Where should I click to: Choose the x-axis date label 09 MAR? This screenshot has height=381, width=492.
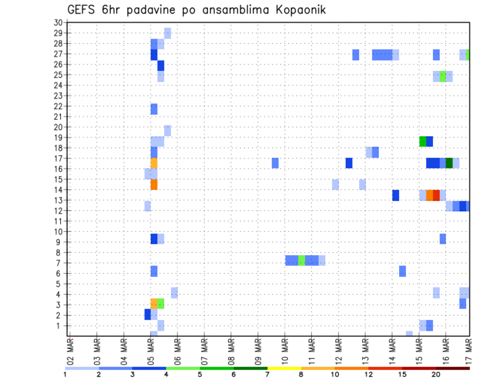point(258,351)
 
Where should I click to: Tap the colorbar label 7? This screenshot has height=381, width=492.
point(268,375)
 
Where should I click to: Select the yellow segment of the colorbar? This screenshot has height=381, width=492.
point(284,368)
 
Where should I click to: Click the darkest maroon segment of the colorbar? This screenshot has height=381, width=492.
point(453,368)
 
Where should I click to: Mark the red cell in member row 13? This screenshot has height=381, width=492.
point(436,195)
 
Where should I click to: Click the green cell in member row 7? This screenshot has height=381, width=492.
point(301,260)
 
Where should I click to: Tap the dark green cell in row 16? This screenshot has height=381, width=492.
point(449,163)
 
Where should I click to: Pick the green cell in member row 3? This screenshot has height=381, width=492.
point(160,303)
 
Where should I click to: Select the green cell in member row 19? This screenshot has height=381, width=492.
point(423,141)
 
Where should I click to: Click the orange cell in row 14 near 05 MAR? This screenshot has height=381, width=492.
point(154,184)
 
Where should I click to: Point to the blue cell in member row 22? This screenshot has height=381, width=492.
point(154,109)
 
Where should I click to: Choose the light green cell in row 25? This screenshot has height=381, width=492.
point(443,76)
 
